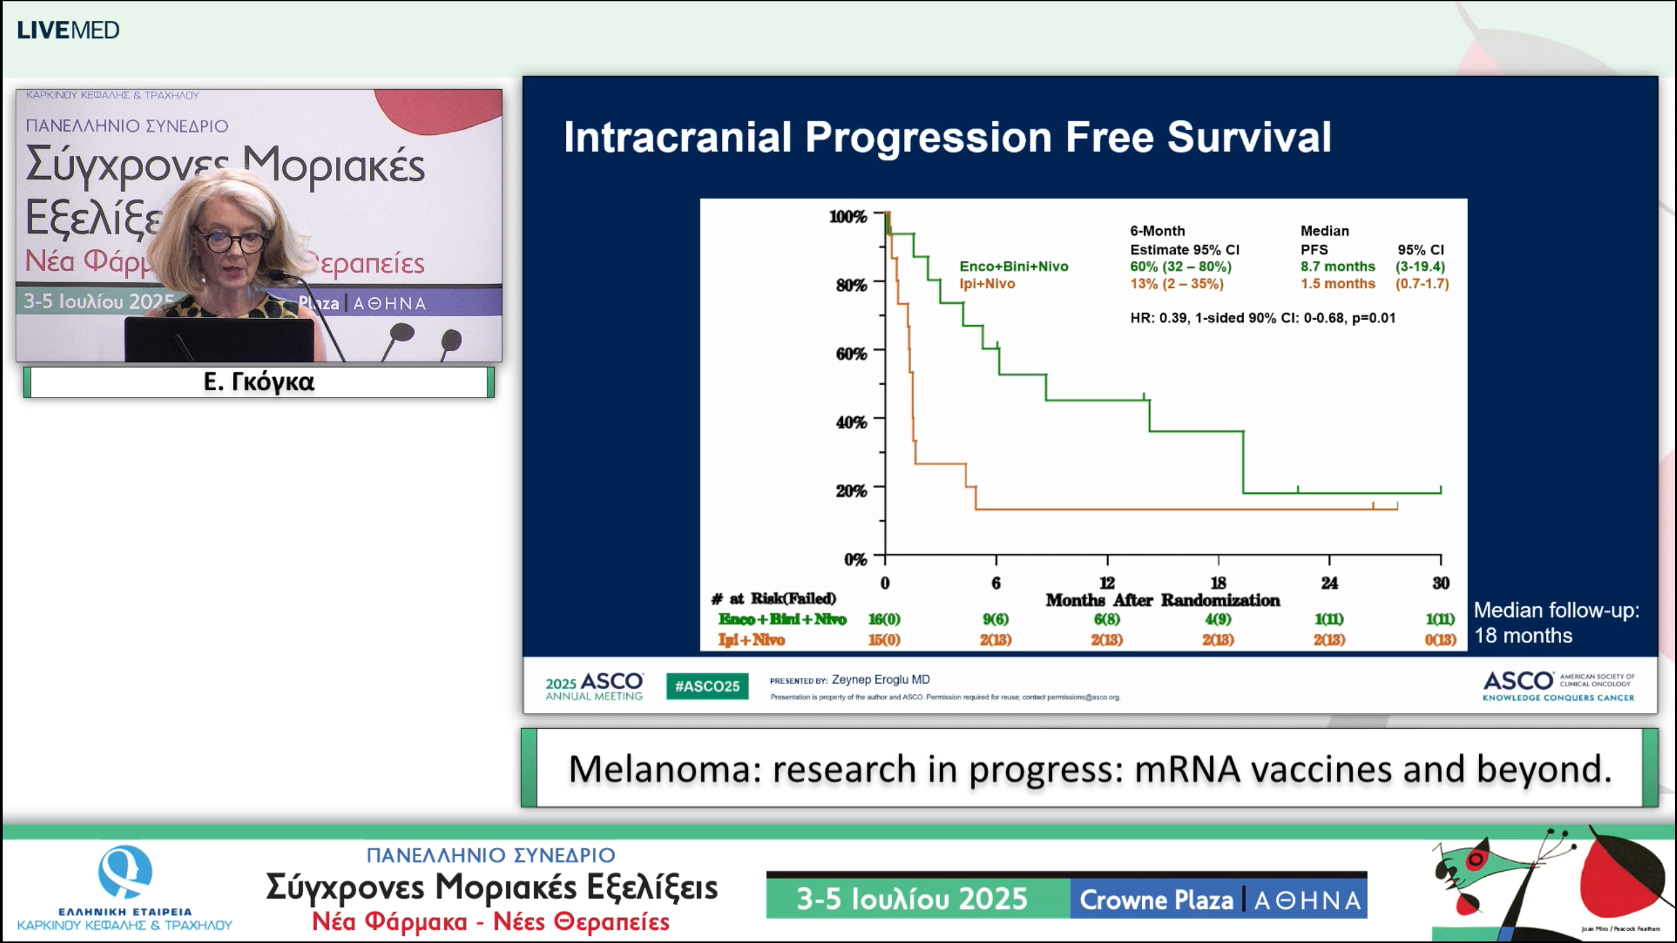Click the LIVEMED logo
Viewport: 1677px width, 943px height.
68,30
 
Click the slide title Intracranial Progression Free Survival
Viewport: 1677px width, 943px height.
947,137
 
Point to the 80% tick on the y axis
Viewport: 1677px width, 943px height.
851,285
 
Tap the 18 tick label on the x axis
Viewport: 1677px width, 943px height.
1218,582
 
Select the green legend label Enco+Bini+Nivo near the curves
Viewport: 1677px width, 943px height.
1013,267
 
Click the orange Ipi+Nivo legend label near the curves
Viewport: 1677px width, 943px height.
987,284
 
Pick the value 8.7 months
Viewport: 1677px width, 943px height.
1337,267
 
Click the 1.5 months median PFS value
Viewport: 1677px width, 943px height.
1337,284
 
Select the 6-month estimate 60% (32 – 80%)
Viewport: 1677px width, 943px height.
1180,267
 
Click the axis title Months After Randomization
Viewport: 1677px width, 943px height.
1162,600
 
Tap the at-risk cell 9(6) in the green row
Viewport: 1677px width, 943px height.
995,619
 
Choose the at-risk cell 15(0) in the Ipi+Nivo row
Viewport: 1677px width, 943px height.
884,639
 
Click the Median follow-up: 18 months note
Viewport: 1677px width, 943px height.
1556,622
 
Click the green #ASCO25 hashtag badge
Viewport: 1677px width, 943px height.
707,686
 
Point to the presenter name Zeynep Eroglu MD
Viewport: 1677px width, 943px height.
880,680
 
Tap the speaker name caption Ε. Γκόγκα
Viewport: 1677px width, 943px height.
259,382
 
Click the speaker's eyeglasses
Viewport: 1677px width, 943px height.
233,241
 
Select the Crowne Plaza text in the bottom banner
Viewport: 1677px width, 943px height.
1156,900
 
